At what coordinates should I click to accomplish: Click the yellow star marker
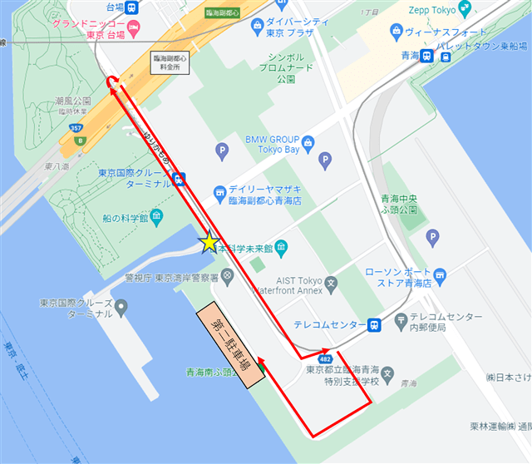209,242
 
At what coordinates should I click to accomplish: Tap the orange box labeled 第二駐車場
230,348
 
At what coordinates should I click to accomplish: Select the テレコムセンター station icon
375,324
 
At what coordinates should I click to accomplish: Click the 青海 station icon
426,56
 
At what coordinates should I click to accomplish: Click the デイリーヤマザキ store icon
219,190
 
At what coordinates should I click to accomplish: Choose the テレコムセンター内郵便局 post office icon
401,318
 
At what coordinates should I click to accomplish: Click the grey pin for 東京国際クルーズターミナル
122,309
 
